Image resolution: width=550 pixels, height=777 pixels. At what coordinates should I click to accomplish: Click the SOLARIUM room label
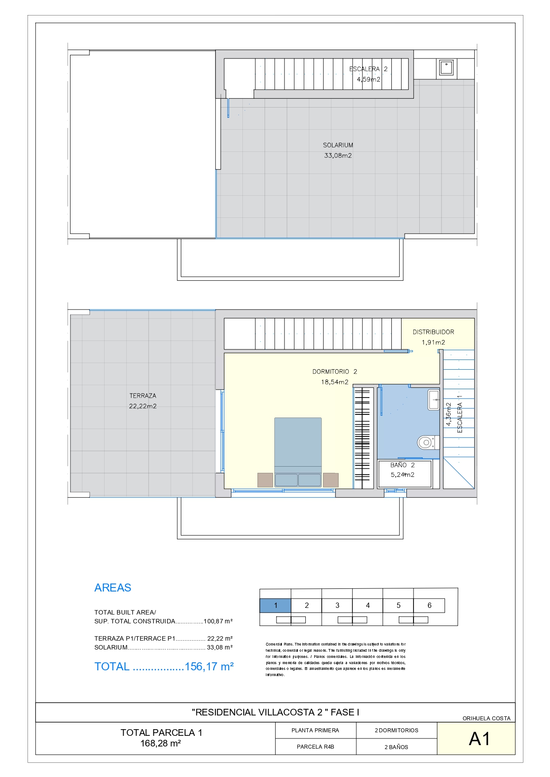pos(338,145)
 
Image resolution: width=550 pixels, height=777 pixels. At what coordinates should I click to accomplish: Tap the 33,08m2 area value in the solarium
pos(338,155)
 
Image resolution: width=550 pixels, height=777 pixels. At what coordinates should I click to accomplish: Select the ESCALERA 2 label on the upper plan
pos(368,69)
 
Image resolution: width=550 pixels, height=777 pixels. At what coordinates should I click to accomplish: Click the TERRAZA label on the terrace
pos(143,396)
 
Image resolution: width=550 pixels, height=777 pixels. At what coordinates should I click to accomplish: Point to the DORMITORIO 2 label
pos(335,372)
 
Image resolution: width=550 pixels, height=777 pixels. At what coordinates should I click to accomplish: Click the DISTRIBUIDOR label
pos(433,332)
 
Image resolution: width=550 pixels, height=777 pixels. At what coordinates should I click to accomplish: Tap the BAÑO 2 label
pos(402,465)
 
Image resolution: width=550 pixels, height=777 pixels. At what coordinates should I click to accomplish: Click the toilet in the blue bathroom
pos(428,442)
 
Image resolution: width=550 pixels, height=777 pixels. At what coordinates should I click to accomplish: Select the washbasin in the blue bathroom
pos(433,400)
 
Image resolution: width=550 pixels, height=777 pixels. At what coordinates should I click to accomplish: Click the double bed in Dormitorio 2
pos(298,452)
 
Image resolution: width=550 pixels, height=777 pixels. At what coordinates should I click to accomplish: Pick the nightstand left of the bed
pos(265,480)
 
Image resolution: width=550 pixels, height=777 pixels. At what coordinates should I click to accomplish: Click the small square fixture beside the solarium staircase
pos(446,67)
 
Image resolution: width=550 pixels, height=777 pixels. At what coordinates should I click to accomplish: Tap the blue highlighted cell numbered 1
pos(275,606)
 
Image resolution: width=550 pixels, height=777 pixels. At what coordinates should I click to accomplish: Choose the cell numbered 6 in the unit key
pos(429,606)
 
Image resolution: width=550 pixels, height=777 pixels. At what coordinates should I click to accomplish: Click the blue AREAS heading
pos(113,588)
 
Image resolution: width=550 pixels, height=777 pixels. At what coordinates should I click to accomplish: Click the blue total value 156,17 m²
pos(209,667)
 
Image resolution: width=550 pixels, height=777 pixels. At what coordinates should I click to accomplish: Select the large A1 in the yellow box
pos(480,739)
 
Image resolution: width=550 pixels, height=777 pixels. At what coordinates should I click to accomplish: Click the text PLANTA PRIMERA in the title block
pos(315,731)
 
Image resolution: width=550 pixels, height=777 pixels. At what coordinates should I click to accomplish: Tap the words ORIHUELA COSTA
pos(487,719)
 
